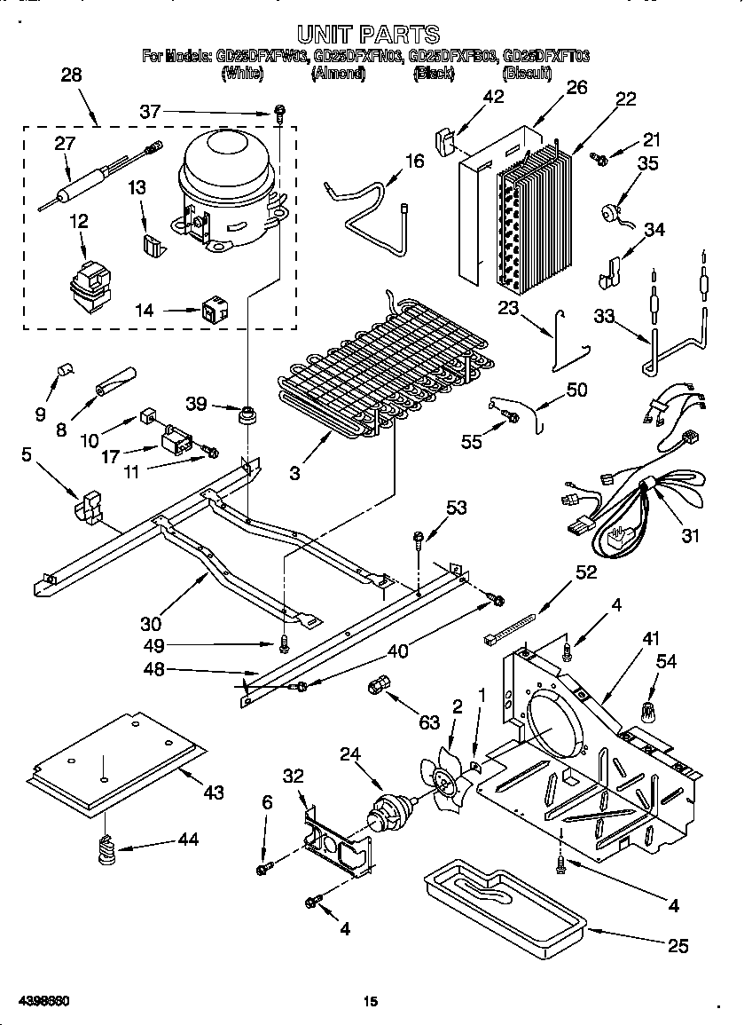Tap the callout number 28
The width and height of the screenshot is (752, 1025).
pyautogui.click(x=71, y=75)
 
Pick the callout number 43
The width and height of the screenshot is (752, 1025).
pyautogui.click(x=213, y=792)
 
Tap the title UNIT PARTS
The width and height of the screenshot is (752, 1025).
pyautogui.click(x=368, y=34)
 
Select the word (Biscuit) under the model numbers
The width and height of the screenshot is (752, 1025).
pyautogui.click(x=527, y=74)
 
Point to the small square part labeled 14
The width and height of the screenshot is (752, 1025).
pyautogui.click(x=214, y=311)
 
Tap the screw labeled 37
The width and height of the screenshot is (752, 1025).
pyautogui.click(x=279, y=113)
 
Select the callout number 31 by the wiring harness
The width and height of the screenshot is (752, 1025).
pyautogui.click(x=689, y=535)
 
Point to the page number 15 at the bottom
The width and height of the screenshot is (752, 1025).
pyautogui.click(x=371, y=1002)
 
